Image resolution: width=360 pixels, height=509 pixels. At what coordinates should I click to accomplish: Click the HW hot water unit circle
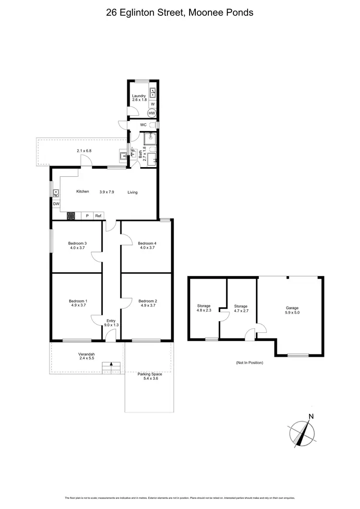click(152, 113)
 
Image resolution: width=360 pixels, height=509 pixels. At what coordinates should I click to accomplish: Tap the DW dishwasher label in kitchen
click(56, 204)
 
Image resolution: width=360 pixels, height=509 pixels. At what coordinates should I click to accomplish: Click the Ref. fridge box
click(98, 216)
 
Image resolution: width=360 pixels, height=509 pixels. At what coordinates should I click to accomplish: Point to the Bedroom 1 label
click(78, 301)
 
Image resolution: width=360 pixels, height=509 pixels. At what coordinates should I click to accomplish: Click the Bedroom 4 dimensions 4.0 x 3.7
click(148, 248)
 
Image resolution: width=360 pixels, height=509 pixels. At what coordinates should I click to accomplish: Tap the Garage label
click(292, 308)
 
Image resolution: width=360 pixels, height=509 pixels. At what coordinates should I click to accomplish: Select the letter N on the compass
click(311, 416)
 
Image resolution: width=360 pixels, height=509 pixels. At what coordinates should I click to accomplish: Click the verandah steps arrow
click(111, 365)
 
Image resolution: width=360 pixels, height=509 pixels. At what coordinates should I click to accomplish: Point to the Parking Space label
click(150, 374)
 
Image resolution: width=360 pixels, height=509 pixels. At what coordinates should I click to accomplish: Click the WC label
click(143, 125)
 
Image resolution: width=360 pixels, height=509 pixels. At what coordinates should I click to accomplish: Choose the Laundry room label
click(139, 96)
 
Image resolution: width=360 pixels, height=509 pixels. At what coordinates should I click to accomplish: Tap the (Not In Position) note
click(250, 363)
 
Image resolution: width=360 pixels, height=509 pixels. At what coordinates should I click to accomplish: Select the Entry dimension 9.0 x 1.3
click(111, 325)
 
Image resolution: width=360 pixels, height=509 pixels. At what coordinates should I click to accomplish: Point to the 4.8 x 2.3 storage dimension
click(204, 310)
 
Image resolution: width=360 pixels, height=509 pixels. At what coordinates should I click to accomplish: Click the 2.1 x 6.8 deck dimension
click(84, 151)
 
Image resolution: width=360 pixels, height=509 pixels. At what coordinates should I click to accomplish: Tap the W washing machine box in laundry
click(152, 104)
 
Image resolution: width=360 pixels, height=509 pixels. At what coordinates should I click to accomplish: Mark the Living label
click(132, 192)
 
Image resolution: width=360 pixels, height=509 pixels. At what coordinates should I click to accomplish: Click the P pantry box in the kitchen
click(87, 216)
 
